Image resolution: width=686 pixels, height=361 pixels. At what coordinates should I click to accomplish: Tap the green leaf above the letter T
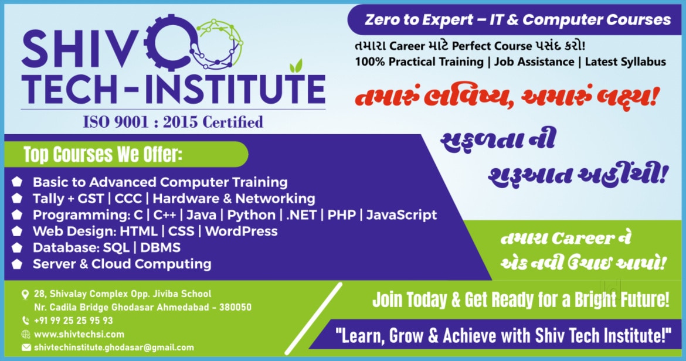[x=297, y=65]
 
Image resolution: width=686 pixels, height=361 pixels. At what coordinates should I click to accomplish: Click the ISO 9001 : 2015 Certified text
[x=173, y=121]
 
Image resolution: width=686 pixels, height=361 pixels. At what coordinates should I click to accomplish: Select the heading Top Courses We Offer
[x=103, y=154]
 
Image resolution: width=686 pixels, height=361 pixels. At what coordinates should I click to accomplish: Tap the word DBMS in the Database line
[x=161, y=248]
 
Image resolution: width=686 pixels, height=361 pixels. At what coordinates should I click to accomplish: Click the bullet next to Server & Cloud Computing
[x=17, y=264]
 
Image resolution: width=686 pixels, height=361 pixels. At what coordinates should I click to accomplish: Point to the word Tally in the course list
[x=48, y=199]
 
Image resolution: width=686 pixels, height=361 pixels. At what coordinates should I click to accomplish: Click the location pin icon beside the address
[x=25, y=295]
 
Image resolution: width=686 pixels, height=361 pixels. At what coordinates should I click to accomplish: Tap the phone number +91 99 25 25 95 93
[x=73, y=321]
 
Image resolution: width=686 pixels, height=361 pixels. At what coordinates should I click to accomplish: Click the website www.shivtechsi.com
[x=79, y=335]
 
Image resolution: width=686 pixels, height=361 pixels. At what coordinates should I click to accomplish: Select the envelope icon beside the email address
[x=26, y=348]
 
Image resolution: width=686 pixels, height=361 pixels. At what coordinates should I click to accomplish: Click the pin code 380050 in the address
[x=235, y=307]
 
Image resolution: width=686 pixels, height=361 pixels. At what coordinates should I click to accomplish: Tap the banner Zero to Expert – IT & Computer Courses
[x=518, y=20]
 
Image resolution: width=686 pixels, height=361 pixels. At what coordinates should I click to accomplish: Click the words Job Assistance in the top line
[x=534, y=62]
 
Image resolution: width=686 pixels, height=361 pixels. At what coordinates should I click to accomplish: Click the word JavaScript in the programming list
[x=402, y=215]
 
